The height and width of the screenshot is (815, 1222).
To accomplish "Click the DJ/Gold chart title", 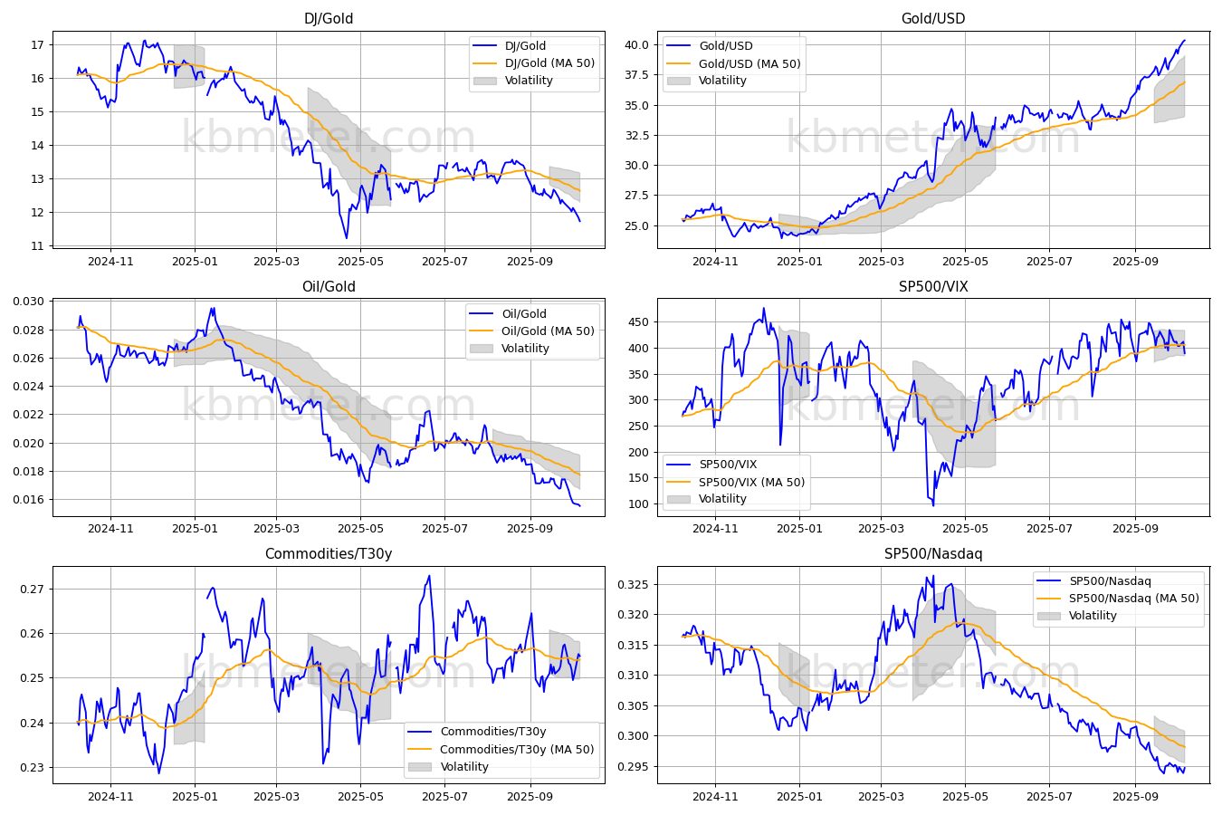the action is (x=329, y=18).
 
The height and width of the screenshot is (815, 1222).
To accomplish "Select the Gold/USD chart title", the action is (x=933, y=18).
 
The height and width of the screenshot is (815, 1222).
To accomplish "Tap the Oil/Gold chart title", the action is (x=329, y=286).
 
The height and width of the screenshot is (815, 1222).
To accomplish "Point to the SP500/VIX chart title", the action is (x=933, y=286).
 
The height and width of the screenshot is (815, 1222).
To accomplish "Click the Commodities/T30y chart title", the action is (x=329, y=554).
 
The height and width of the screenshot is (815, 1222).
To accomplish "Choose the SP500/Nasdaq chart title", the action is (x=933, y=554).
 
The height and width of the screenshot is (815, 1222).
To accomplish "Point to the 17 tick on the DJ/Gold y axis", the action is (x=37, y=44).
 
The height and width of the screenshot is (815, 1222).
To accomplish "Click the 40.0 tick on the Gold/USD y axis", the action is (x=636, y=44).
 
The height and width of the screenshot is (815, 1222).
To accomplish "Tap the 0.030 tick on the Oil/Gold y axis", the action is (x=28, y=302).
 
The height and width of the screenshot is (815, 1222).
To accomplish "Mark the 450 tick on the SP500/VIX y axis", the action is (x=638, y=322).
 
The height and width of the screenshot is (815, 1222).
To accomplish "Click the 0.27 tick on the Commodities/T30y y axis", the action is (x=33, y=589).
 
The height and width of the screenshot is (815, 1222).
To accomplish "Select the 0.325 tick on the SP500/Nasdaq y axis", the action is (x=633, y=585).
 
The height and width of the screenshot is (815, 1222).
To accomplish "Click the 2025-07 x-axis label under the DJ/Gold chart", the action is (x=444, y=262).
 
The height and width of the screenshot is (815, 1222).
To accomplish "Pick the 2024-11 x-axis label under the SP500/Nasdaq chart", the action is (x=715, y=797).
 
